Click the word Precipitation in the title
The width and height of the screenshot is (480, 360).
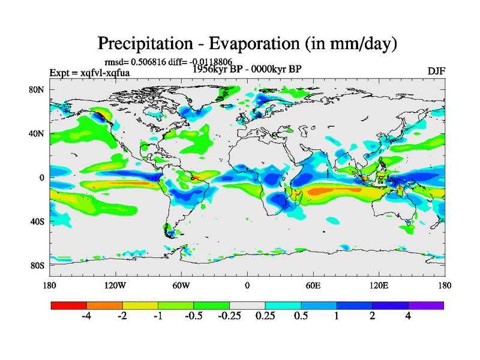pos(147,44)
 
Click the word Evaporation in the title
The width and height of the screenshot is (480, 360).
pos(256,44)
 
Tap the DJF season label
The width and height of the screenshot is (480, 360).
pos(436,71)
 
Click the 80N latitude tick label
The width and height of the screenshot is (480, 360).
pos(38,89)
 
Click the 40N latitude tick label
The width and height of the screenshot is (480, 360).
pos(38,133)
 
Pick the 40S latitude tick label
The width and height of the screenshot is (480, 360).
pos(38,221)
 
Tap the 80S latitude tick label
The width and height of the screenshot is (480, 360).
pos(38,265)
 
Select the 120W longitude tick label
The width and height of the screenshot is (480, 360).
pos(115,285)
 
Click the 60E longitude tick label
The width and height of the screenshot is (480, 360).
pos(313,285)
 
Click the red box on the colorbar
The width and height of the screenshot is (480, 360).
pos(69,305)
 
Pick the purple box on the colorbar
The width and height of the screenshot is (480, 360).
pos(426,305)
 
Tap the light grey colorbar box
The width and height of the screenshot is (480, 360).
pos(247,305)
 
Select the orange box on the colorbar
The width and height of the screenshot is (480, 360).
pos(104,305)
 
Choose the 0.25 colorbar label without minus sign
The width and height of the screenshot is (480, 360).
pos(265,316)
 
